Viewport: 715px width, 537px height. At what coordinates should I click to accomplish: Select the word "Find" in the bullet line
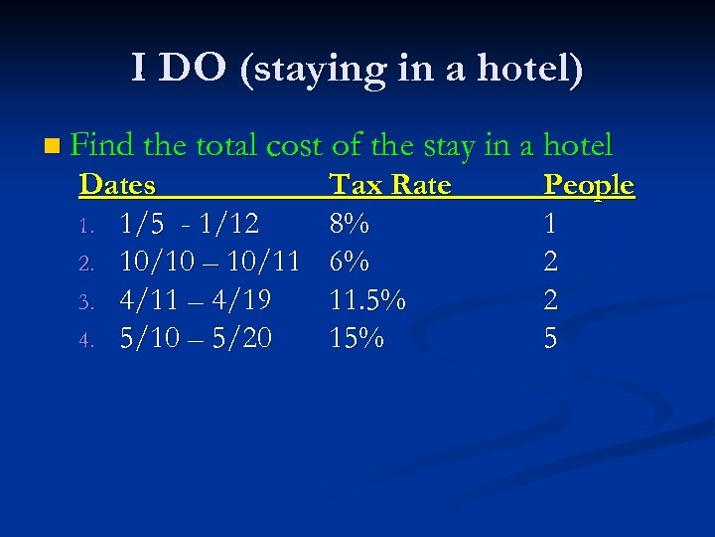coord(103,146)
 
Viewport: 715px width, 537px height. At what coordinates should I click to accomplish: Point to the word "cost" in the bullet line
coord(294,146)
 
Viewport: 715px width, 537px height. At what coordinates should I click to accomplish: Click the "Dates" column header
coord(117,185)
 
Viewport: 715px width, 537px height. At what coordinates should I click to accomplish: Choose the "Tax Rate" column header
coord(389,185)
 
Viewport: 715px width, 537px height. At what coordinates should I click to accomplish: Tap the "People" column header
coord(589,185)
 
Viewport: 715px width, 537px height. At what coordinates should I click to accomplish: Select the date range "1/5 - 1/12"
coord(190,224)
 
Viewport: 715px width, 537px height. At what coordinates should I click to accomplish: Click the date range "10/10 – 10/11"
coord(209,263)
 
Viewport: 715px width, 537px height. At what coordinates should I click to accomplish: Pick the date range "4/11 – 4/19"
coord(195,300)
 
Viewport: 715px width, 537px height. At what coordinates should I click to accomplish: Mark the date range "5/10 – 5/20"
coord(195,339)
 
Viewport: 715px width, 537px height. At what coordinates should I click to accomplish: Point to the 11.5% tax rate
coord(366,300)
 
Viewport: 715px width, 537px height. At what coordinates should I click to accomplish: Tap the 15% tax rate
coord(356,339)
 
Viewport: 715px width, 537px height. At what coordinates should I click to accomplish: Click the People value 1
coord(550,224)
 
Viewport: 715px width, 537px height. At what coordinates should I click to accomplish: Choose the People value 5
coord(550,339)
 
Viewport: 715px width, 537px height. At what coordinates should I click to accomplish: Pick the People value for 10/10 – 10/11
coord(550,263)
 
